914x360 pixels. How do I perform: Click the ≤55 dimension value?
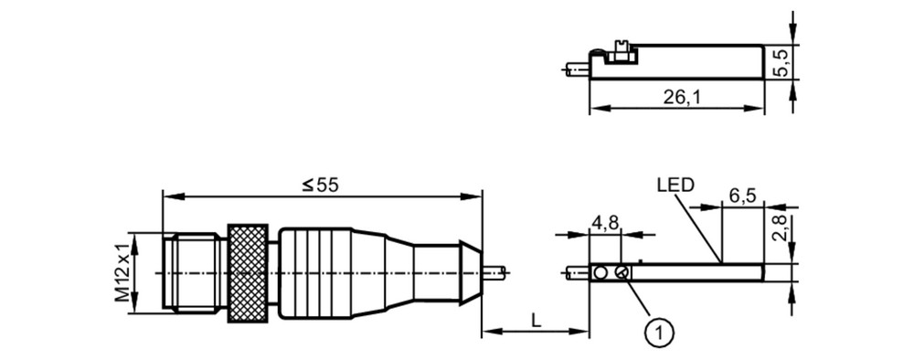(320, 185)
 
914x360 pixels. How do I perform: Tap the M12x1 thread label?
(122, 272)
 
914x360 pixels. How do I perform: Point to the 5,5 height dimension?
(781, 62)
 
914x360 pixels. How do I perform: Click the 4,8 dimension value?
(606, 224)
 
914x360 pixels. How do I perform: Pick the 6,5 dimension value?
(742, 196)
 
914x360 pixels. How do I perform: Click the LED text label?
(675, 185)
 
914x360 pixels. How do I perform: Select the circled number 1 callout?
(659, 333)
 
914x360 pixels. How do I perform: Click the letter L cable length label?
(534, 319)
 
